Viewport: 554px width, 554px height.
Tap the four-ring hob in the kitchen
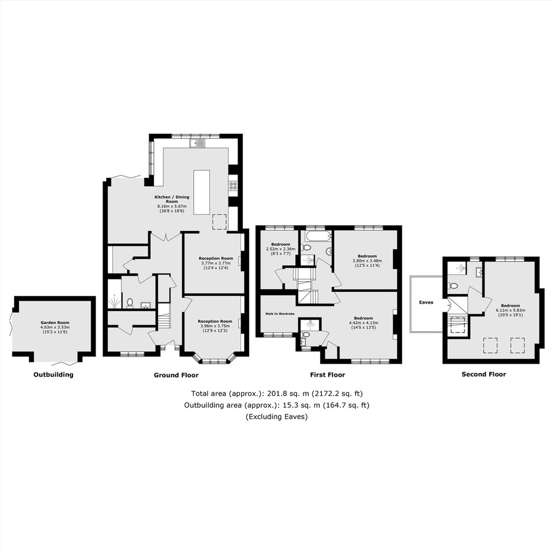click(233, 186)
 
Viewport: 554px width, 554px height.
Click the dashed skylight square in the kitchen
click(219, 222)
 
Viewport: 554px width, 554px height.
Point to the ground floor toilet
click(130, 303)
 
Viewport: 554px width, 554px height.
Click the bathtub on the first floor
click(319, 235)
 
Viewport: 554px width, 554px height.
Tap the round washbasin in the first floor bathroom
click(328, 252)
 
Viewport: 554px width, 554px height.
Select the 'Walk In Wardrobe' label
click(280, 314)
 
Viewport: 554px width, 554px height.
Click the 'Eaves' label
click(426, 302)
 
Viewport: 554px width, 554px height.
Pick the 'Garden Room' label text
click(55, 322)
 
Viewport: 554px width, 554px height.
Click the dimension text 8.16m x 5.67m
click(172, 206)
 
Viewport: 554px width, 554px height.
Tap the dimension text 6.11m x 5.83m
click(510, 310)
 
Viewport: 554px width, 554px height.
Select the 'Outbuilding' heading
click(54, 374)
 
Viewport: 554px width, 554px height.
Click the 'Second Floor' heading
click(484, 374)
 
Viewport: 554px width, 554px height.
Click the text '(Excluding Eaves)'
click(276, 417)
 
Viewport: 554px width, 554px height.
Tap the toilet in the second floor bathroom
click(453, 285)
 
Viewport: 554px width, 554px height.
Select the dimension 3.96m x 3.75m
click(215, 326)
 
